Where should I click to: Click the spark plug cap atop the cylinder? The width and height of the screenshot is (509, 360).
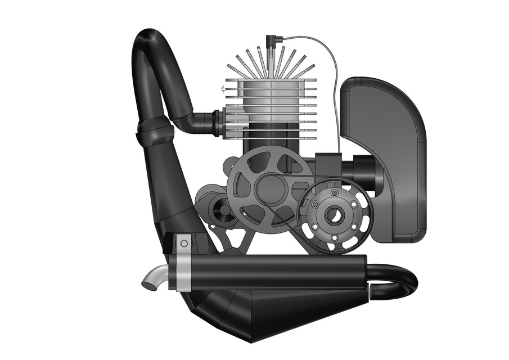(271, 40)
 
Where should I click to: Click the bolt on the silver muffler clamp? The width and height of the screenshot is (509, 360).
(183, 244)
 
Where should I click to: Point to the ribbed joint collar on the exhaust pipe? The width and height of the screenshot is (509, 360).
(154, 132)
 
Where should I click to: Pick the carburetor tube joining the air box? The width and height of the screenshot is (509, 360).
(360, 167)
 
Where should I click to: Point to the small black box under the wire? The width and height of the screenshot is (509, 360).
(327, 165)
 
